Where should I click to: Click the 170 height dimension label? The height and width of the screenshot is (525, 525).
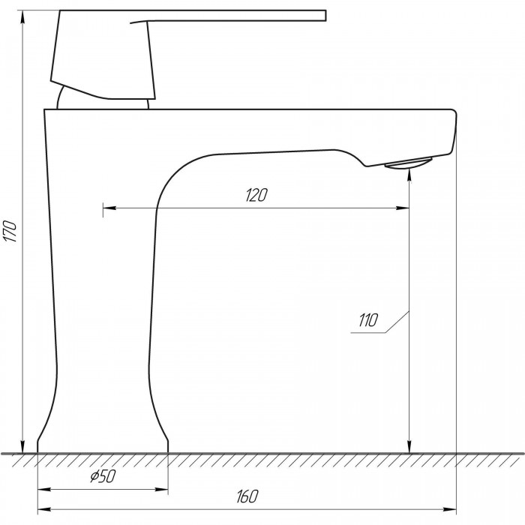click(x=10, y=231)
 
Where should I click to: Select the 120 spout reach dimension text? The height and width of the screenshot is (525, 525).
click(x=256, y=195)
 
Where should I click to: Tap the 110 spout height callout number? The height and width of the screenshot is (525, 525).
click(x=368, y=320)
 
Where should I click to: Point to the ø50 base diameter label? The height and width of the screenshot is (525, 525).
click(x=103, y=475)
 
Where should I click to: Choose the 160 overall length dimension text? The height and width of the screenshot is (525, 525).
click(x=247, y=496)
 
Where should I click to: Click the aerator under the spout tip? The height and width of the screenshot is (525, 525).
click(x=409, y=163)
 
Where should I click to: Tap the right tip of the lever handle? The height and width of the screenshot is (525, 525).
click(x=325, y=16)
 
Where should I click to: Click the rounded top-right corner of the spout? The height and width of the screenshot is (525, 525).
click(x=454, y=112)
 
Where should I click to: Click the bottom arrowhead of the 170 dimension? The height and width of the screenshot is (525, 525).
click(x=22, y=447)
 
